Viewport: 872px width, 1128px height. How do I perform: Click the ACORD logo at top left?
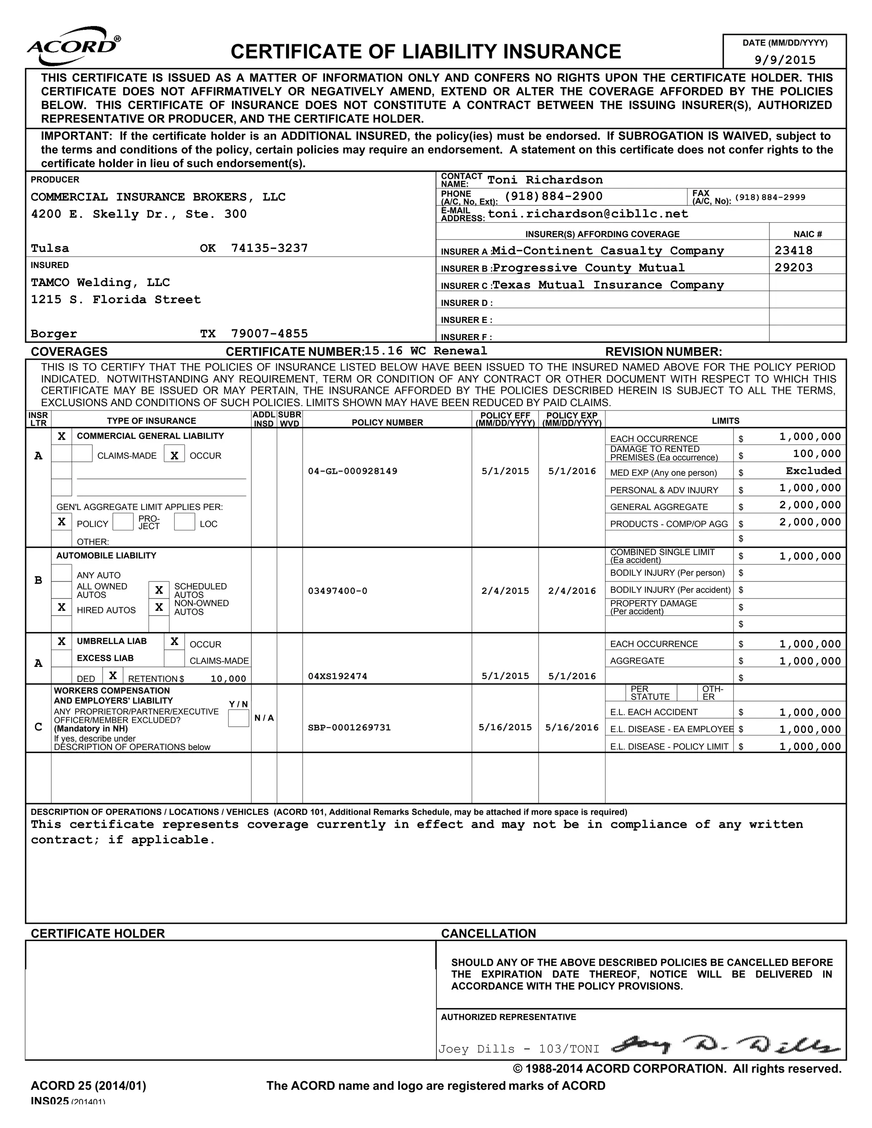[74, 46]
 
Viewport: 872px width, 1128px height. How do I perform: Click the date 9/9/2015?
[785, 60]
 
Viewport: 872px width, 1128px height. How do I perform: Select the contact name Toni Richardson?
[545, 180]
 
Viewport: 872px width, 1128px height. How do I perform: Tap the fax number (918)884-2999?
[770, 198]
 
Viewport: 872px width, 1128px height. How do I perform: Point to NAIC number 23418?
[794, 250]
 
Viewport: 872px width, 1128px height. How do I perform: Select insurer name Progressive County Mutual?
[588, 268]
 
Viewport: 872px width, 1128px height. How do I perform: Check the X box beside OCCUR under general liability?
[175, 455]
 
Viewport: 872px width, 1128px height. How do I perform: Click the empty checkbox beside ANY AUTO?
[61, 573]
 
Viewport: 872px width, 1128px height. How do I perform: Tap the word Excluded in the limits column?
[813, 470]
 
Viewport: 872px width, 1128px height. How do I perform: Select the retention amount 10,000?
[228, 679]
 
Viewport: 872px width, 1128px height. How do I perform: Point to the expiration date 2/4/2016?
[572, 590]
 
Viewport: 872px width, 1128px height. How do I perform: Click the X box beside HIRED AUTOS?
[61, 607]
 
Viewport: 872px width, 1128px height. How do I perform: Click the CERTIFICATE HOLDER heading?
[98, 933]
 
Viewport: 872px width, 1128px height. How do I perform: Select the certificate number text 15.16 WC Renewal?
[426, 351]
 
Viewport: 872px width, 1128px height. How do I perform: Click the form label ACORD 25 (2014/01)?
[88, 1086]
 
